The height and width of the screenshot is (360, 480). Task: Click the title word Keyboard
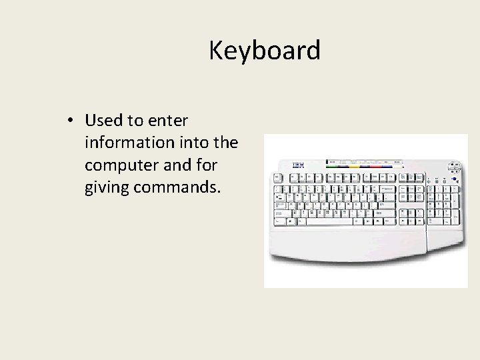pos(265,51)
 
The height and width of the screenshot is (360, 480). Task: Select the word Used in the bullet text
pos(101,121)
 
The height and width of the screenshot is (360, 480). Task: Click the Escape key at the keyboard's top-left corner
pos(275,178)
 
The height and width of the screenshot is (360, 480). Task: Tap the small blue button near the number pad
pos(453,179)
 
